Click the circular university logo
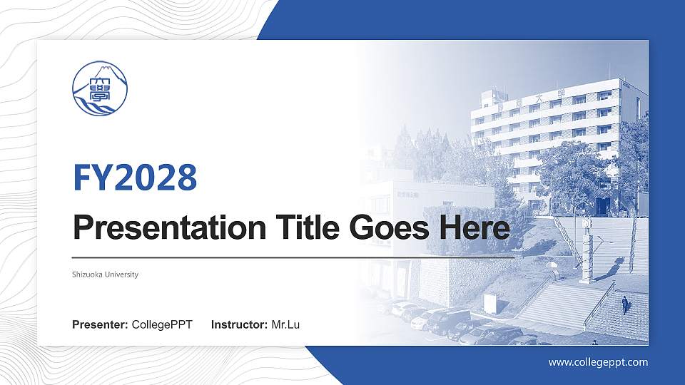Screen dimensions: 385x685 pyautogui.click(x=101, y=89)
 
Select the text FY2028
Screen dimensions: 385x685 pyautogui.click(x=135, y=178)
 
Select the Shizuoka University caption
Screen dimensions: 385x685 pyautogui.click(x=105, y=274)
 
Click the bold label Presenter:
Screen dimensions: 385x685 pyautogui.click(x=100, y=325)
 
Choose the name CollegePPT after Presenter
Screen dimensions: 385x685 pyautogui.click(x=162, y=325)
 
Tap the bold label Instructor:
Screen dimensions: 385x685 pyautogui.click(x=240, y=325)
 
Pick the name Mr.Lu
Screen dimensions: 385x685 pyautogui.click(x=285, y=325)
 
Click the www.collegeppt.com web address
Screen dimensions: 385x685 pyautogui.click(x=598, y=362)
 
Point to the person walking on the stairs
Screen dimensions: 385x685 pyautogui.click(x=625, y=305)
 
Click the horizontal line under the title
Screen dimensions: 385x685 pyautogui.click(x=293, y=256)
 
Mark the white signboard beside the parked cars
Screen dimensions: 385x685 pyautogui.click(x=490, y=303)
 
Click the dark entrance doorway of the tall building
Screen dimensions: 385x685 pyautogui.click(x=602, y=206)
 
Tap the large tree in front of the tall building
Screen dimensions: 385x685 pyautogui.click(x=571, y=171)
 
